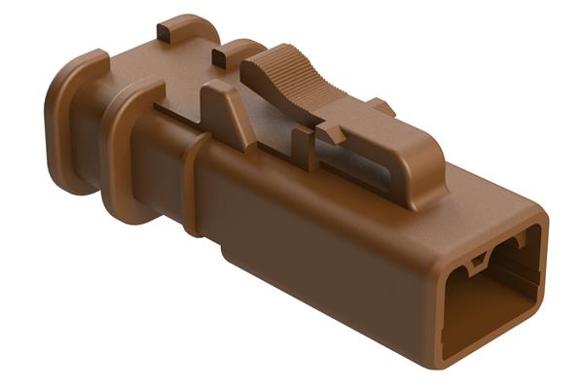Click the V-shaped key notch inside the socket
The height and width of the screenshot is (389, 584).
[477, 260]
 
